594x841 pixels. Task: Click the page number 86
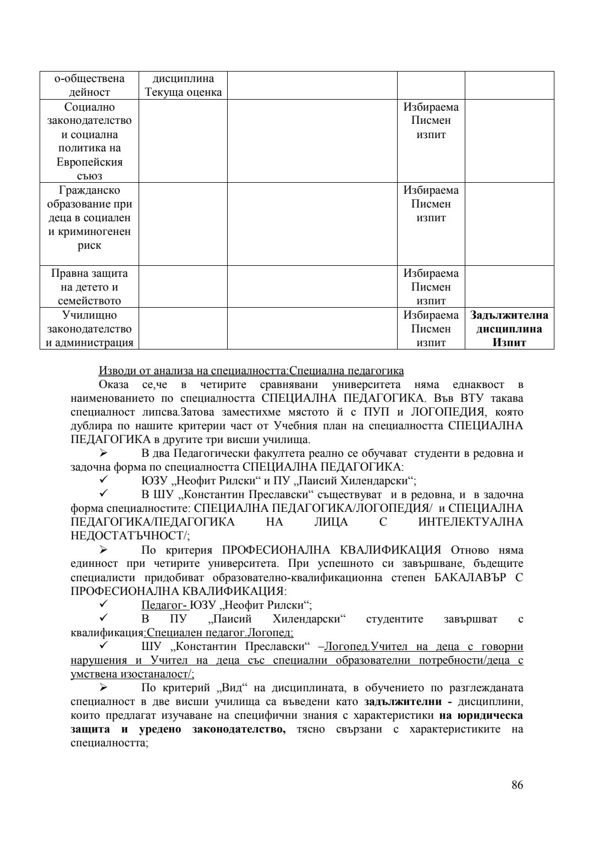(x=517, y=785)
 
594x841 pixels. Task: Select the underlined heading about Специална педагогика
(x=251, y=370)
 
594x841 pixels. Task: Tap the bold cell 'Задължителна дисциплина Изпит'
(x=509, y=329)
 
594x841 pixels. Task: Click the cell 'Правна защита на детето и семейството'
(x=89, y=287)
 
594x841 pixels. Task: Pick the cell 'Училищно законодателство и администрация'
(x=89, y=329)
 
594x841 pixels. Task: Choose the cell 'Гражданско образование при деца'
(x=89, y=218)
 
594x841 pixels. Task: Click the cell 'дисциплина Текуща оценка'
(x=183, y=85)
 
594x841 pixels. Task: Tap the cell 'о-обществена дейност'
(x=89, y=85)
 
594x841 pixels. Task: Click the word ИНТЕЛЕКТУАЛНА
(x=471, y=522)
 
